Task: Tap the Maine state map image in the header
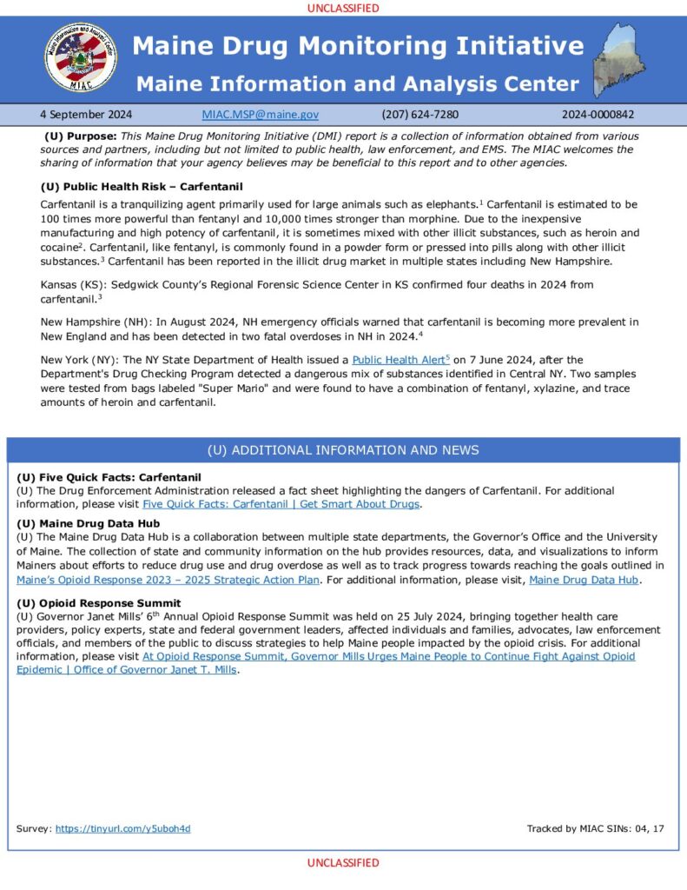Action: coord(624,60)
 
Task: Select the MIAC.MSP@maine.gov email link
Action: coord(260,114)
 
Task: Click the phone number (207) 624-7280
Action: coord(419,114)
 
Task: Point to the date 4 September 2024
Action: coord(86,114)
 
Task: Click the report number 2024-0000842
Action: coord(598,114)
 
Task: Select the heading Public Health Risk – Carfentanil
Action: coord(142,187)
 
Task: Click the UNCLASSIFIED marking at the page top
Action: coord(343,8)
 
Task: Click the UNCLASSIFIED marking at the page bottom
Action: coord(343,863)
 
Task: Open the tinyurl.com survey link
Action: coord(122,828)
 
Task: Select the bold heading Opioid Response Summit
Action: coord(98,603)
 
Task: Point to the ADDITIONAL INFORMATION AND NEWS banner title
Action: coord(343,450)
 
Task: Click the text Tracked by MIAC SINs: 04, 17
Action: coord(595,828)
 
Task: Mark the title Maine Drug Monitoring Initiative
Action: coord(358,45)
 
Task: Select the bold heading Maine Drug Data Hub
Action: coord(100,523)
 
